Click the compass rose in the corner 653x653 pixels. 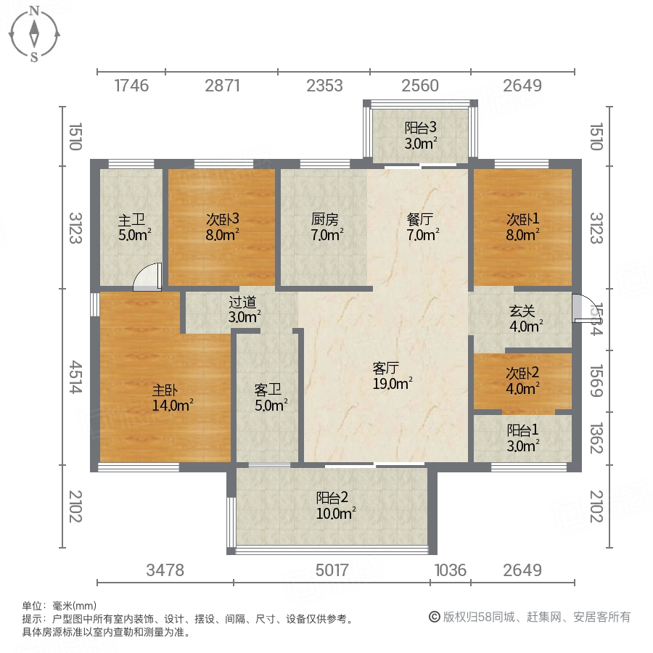(34, 33)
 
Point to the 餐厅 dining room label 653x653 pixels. (420, 218)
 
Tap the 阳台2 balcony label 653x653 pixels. (333, 498)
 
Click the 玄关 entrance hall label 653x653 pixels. (522, 311)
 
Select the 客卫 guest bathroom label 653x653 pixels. (267, 390)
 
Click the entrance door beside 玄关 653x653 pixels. (583, 309)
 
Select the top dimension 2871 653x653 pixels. (222, 86)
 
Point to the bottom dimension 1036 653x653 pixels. (450, 570)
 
